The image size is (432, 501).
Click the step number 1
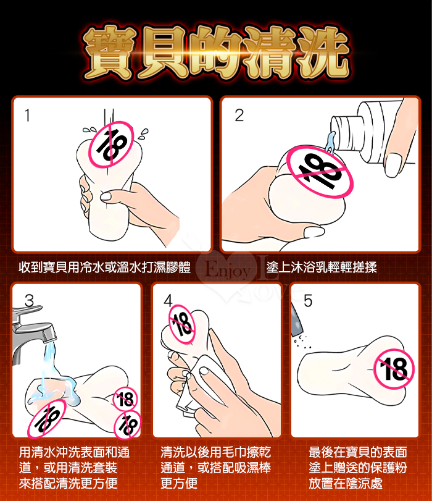point(27,116)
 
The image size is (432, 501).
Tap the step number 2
point(239,116)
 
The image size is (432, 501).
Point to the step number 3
point(29,301)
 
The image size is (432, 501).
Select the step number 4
point(168,301)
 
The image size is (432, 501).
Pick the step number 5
point(308,301)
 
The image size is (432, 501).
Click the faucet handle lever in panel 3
point(27,310)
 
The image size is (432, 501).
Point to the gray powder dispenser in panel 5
point(297,320)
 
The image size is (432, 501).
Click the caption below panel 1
point(104,267)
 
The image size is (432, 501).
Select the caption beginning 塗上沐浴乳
point(322,267)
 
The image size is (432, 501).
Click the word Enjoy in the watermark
point(227,272)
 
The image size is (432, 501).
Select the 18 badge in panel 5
point(394,368)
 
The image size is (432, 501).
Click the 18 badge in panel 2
point(320,172)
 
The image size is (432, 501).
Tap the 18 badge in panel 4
point(181,324)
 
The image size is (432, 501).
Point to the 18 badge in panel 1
point(111,145)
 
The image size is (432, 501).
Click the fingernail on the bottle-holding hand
point(393,164)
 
